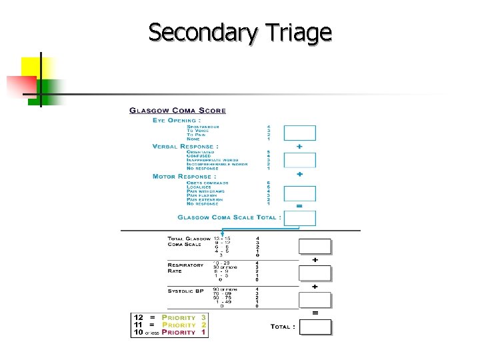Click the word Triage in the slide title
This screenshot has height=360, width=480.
(293, 32)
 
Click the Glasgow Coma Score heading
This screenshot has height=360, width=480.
(177, 111)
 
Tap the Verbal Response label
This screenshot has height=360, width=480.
(185, 146)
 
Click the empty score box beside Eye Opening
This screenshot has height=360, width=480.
(299, 133)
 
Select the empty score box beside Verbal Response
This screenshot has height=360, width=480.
(299, 161)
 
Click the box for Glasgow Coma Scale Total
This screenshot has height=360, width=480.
(299, 218)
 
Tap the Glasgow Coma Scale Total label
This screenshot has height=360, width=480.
(229, 217)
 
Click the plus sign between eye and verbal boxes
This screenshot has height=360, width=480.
(299, 146)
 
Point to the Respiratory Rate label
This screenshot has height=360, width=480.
(185, 267)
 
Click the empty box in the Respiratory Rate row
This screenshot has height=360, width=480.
(315, 273)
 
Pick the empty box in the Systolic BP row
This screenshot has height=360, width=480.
(315, 300)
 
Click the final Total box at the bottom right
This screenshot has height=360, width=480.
(315, 327)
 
